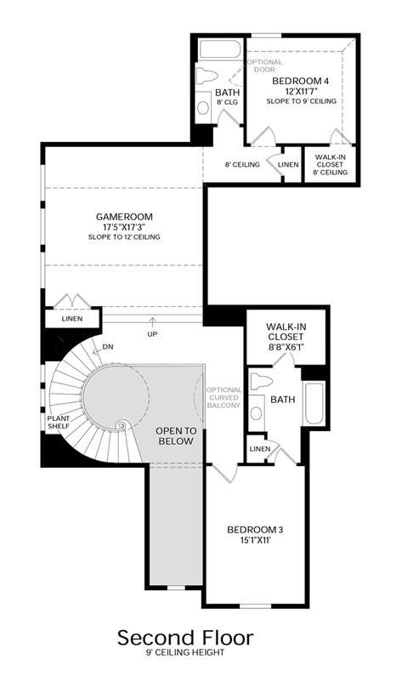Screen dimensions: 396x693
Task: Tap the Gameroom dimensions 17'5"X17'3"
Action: (x=124, y=227)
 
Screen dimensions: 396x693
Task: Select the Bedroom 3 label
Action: (x=255, y=530)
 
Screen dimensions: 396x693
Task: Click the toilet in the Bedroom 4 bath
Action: (x=206, y=74)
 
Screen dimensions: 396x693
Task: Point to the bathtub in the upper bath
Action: (x=220, y=49)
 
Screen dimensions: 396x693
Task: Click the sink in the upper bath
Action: (x=203, y=106)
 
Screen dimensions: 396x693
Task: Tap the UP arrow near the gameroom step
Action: (x=153, y=321)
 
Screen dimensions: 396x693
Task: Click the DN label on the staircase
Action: (x=108, y=347)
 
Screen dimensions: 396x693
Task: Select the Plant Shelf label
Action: (x=59, y=422)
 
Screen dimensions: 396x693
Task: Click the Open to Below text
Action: (x=176, y=435)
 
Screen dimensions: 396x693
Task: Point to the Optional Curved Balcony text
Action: (x=224, y=397)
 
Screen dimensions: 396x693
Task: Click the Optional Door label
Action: (x=265, y=65)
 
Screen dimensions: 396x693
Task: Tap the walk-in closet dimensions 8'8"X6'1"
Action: (x=286, y=347)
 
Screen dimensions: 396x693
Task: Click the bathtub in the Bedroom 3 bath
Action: (x=314, y=403)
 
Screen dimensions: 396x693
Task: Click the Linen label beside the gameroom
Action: (x=72, y=318)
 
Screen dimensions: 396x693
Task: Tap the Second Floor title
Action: (x=185, y=638)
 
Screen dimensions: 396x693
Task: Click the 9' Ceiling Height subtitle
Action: (x=185, y=652)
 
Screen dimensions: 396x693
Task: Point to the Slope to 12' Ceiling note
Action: (x=124, y=237)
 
